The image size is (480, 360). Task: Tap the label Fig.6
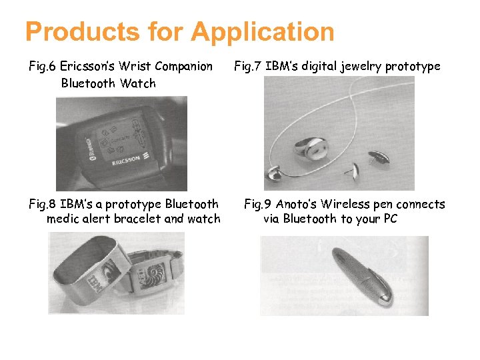click(x=43, y=67)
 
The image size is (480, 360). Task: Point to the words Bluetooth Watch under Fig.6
click(x=108, y=83)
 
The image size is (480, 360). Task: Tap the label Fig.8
click(x=43, y=204)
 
